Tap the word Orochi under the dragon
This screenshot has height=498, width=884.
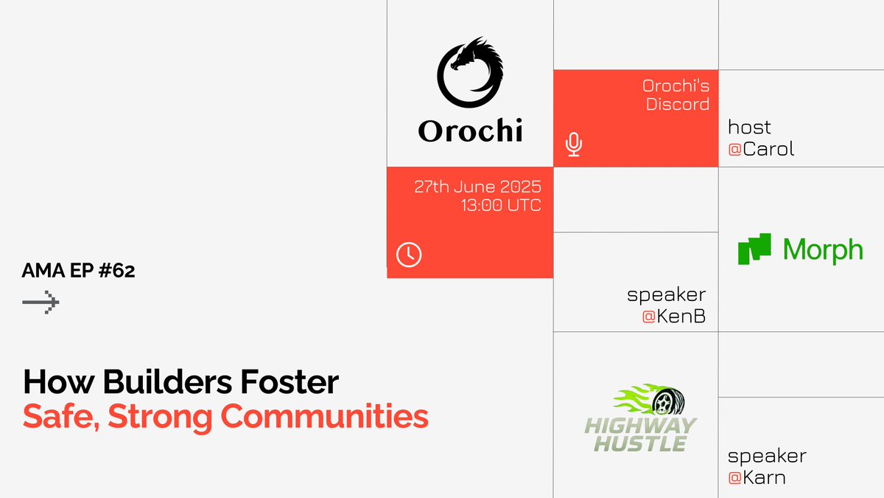click(x=471, y=131)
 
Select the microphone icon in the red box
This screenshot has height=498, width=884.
click(x=573, y=145)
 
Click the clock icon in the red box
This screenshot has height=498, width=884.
click(x=409, y=255)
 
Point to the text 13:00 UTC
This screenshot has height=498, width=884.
click(x=501, y=205)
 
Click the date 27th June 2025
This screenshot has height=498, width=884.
click(x=477, y=187)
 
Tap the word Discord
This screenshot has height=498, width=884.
click(x=678, y=104)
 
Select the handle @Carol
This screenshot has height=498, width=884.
click(x=761, y=149)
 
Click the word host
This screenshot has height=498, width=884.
click(x=749, y=127)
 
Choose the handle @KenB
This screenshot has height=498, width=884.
click(x=673, y=317)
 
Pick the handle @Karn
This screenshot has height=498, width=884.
click(x=757, y=477)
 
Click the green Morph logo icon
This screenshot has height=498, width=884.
click(x=754, y=249)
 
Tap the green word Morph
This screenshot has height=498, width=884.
click(x=823, y=251)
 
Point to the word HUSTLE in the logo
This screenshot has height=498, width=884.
click(x=640, y=443)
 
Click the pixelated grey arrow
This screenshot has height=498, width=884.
click(x=41, y=302)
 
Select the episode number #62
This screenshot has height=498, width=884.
click(x=116, y=270)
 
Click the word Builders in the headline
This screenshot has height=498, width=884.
click(x=167, y=382)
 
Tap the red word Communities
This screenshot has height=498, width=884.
click(x=324, y=416)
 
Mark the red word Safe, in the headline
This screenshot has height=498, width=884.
click(x=61, y=417)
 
